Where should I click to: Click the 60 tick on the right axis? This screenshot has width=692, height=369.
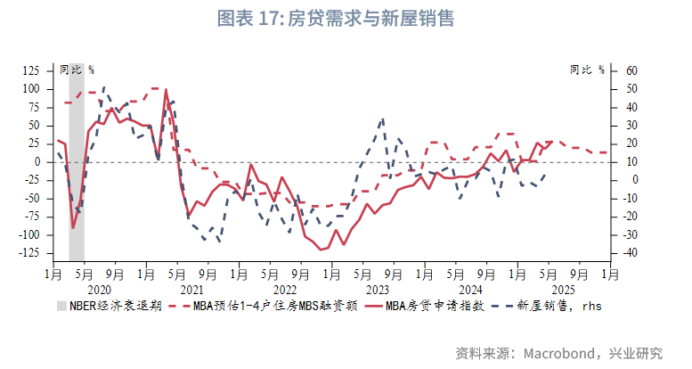[x=631, y=70]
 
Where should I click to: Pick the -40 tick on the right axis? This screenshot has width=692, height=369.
[x=630, y=253]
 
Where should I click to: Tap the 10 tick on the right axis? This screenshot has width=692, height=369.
[x=631, y=162]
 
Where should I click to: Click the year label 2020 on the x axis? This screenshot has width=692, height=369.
[x=99, y=290]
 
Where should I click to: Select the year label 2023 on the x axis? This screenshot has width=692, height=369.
[x=378, y=290]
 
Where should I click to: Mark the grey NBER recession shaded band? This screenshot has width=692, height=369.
[x=77, y=178]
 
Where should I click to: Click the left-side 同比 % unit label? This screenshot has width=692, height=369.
[x=77, y=70]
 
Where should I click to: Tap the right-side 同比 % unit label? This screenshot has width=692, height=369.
[x=587, y=70]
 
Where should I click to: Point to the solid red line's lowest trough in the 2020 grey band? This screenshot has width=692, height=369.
[x=73, y=228]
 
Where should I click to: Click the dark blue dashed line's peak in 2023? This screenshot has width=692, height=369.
[x=383, y=118]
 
